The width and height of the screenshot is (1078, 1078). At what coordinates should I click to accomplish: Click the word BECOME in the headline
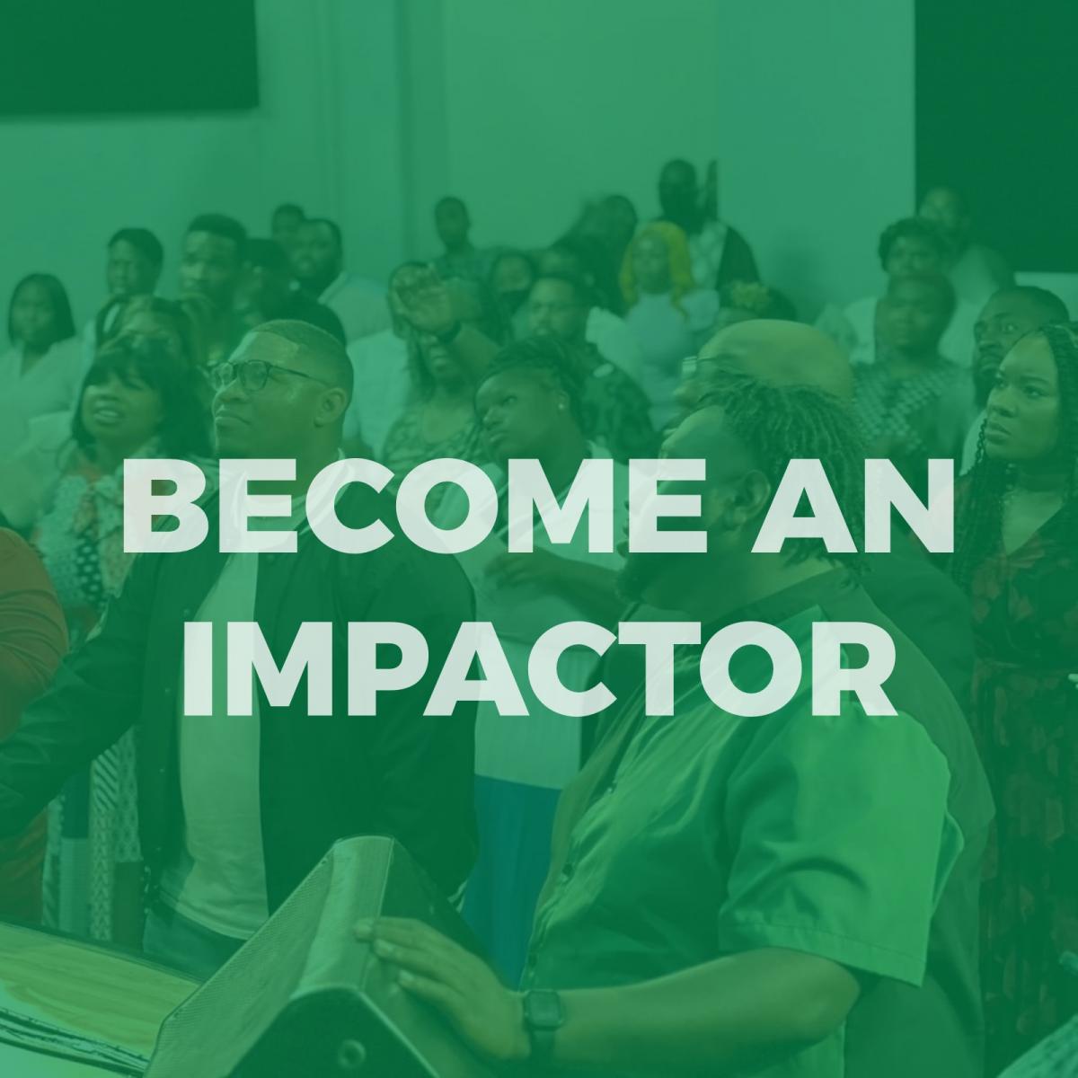pyautogui.click(x=411, y=506)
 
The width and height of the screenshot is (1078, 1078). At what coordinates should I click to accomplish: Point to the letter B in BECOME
pyautogui.click(x=162, y=507)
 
